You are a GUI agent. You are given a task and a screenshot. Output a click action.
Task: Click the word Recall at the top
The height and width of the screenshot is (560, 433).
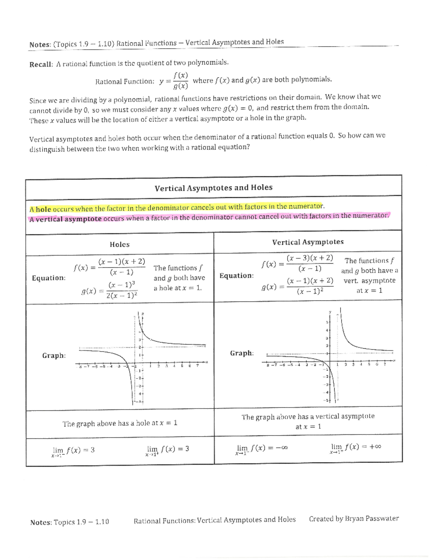pyautogui.click(x=41, y=65)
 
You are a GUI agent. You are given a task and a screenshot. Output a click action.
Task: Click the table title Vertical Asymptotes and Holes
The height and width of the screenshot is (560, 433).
pyautogui.click(x=213, y=188)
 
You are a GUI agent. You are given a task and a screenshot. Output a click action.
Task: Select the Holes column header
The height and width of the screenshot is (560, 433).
pyautogui.click(x=119, y=244)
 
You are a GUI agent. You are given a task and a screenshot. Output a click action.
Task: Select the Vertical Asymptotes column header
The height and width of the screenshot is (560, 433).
pyautogui.click(x=308, y=242)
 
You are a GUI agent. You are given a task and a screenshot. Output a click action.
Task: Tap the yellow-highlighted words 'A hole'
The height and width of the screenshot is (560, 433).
pyautogui.click(x=40, y=209)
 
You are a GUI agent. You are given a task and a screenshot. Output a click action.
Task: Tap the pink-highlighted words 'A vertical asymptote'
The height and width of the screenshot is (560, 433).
pyautogui.click(x=65, y=219)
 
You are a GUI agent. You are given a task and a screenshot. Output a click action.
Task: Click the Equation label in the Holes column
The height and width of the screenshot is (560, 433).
pyautogui.click(x=49, y=278)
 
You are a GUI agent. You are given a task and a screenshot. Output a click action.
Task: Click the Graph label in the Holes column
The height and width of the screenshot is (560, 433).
pyautogui.click(x=54, y=356)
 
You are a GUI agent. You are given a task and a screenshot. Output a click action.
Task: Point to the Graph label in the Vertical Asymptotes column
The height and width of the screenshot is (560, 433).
pyautogui.click(x=242, y=353)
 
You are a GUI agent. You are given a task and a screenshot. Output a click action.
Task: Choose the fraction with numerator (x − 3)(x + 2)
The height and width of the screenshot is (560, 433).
pyautogui.click(x=310, y=263)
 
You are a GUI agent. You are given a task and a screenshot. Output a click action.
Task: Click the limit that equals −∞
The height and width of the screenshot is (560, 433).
pyautogui.click(x=262, y=449)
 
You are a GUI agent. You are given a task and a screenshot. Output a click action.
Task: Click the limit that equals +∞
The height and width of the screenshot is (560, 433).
pyautogui.click(x=355, y=447)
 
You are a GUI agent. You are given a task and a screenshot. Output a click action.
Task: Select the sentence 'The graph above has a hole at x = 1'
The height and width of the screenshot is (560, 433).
pyautogui.click(x=120, y=423)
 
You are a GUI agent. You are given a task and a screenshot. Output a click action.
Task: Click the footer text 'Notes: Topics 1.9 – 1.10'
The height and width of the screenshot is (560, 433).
pyautogui.click(x=70, y=522)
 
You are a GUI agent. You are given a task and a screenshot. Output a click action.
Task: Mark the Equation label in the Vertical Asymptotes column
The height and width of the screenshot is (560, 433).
pyautogui.click(x=236, y=276)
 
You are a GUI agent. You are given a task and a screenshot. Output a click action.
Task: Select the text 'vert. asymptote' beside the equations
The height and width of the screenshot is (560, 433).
pyautogui.click(x=369, y=281)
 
